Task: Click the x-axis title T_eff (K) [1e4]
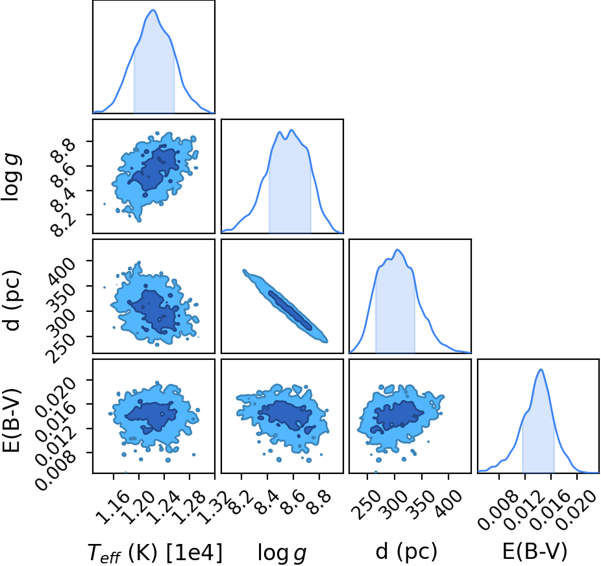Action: (155, 552)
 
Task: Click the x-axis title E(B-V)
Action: (534, 552)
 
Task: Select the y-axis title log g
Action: (12, 176)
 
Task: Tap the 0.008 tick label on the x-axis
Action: (495, 510)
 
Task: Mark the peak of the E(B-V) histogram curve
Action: (541, 370)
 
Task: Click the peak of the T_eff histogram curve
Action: (153, 10)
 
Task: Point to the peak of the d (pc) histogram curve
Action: (397, 250)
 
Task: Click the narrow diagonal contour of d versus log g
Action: (285, 305)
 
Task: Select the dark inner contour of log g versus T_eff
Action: (153, 169)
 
